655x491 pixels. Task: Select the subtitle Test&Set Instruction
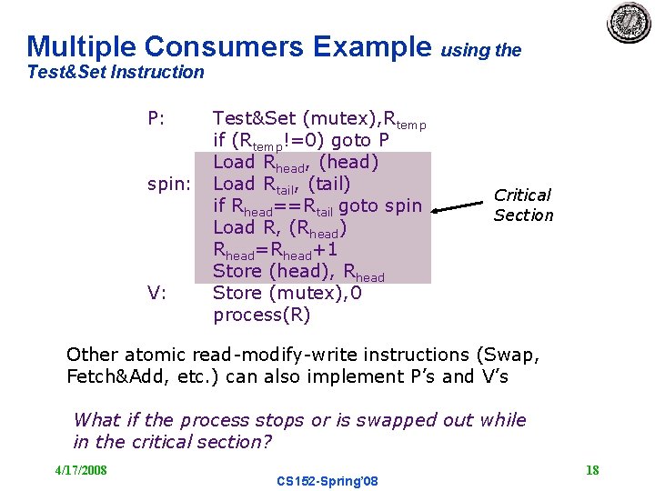[x=116, y=72]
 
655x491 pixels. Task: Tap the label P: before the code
[x=156, y=118]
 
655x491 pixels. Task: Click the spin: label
[x=169, y=184]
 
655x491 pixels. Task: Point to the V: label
[x=156, y=293]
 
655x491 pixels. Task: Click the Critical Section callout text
[x=523, y=205]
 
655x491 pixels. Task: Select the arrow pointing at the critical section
[x=458, y=207]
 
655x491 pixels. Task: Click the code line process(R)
[x=261, y=315]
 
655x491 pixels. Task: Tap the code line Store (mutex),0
[x=287, y=293]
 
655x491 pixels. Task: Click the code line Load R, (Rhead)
[x=280, y=227]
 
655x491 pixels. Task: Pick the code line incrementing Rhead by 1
[x=276, y=249]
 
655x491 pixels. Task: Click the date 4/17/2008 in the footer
[x=81, y=469]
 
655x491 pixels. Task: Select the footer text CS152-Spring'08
[x=327, y=480]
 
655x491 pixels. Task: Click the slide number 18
[x=592, y=469]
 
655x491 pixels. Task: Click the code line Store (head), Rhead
[x=298, y=271]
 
